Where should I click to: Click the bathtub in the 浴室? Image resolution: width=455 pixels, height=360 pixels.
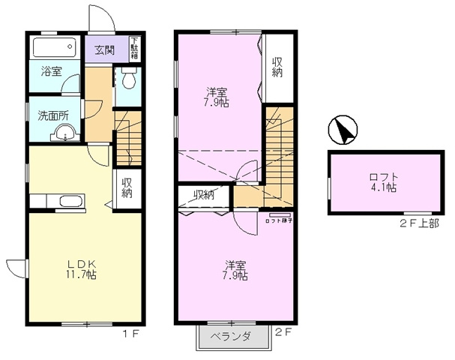[55, 49]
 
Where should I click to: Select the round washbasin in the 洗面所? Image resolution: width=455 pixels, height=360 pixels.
[64, 135]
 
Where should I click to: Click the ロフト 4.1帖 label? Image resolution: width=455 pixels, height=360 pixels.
[383, 183]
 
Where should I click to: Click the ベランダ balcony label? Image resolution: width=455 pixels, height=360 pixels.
[230, 337]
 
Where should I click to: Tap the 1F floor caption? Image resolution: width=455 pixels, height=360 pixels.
[132, 331]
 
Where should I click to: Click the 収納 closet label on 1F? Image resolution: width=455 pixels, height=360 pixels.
[127, 186]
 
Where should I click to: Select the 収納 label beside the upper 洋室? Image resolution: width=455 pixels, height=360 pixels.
[277, 67]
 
